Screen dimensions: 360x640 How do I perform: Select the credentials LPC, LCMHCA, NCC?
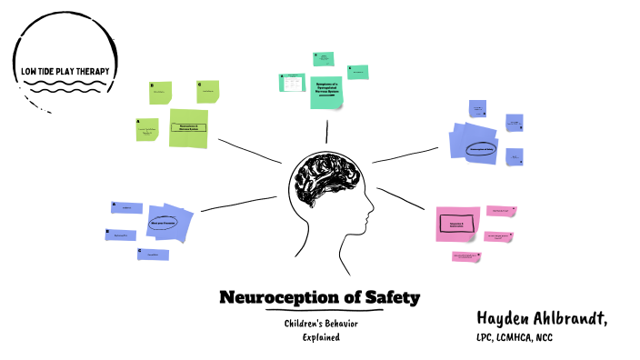(514, 338)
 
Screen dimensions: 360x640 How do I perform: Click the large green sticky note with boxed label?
(189, 127)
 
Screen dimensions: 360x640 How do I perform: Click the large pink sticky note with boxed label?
(456, 223)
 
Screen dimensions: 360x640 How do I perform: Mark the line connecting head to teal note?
(326, 133)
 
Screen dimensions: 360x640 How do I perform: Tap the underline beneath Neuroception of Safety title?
(319, 310)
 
